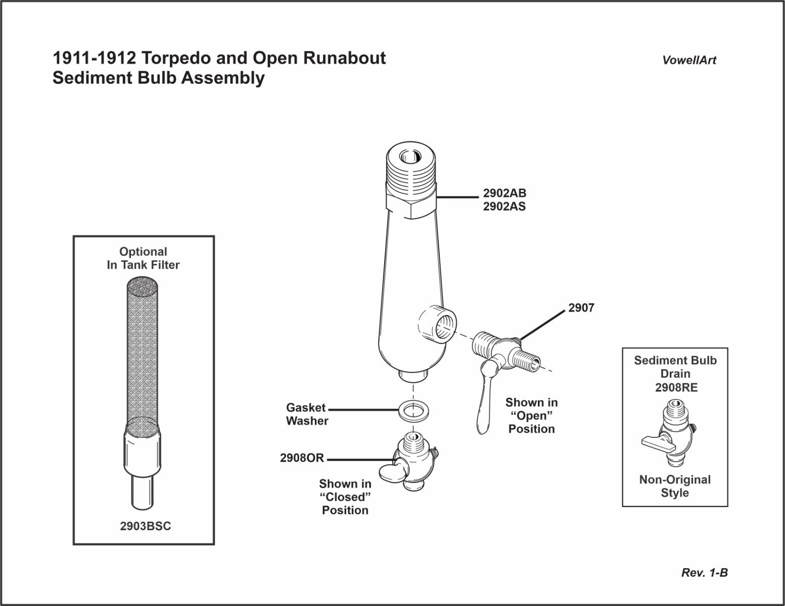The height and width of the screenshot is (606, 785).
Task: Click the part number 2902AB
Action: [x=504, y=193]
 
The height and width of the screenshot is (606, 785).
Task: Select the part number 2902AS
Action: [x=504, y=206]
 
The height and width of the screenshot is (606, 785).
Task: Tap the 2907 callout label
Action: [x=581, y=307]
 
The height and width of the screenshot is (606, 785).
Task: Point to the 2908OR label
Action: [x=302, y=459]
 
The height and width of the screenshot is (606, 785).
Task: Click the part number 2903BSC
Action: [x=146, y=526]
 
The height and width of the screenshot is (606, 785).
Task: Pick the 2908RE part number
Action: [x=675, y=387]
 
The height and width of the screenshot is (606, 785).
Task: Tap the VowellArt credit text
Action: [x=689, y=60]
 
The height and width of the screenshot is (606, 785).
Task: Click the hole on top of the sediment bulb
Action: [x=408, y=157]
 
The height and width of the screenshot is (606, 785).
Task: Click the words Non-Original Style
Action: [x=675, y=486]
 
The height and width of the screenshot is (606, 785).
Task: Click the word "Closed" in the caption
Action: [x=346, y=497]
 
